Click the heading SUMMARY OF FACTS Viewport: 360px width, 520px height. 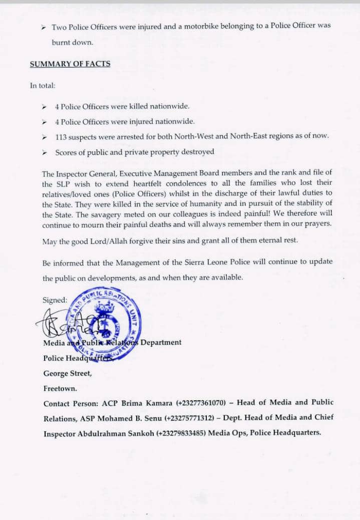click(70, 64)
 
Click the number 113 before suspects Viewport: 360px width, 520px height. click(61, 136)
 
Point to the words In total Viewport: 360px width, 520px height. click(43, 85)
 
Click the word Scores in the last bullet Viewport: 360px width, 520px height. click(66, 152)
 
